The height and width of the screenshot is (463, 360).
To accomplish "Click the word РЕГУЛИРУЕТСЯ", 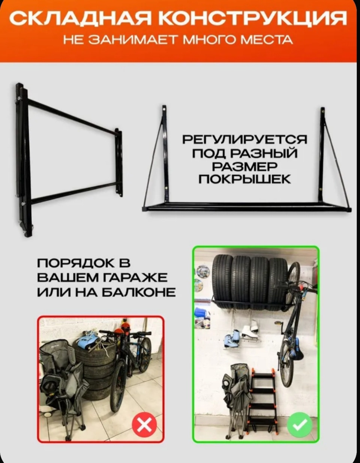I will [244, 140].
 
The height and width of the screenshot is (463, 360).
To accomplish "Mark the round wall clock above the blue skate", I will [203, 271].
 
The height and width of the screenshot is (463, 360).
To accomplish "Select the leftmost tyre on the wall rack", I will [222, 279].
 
